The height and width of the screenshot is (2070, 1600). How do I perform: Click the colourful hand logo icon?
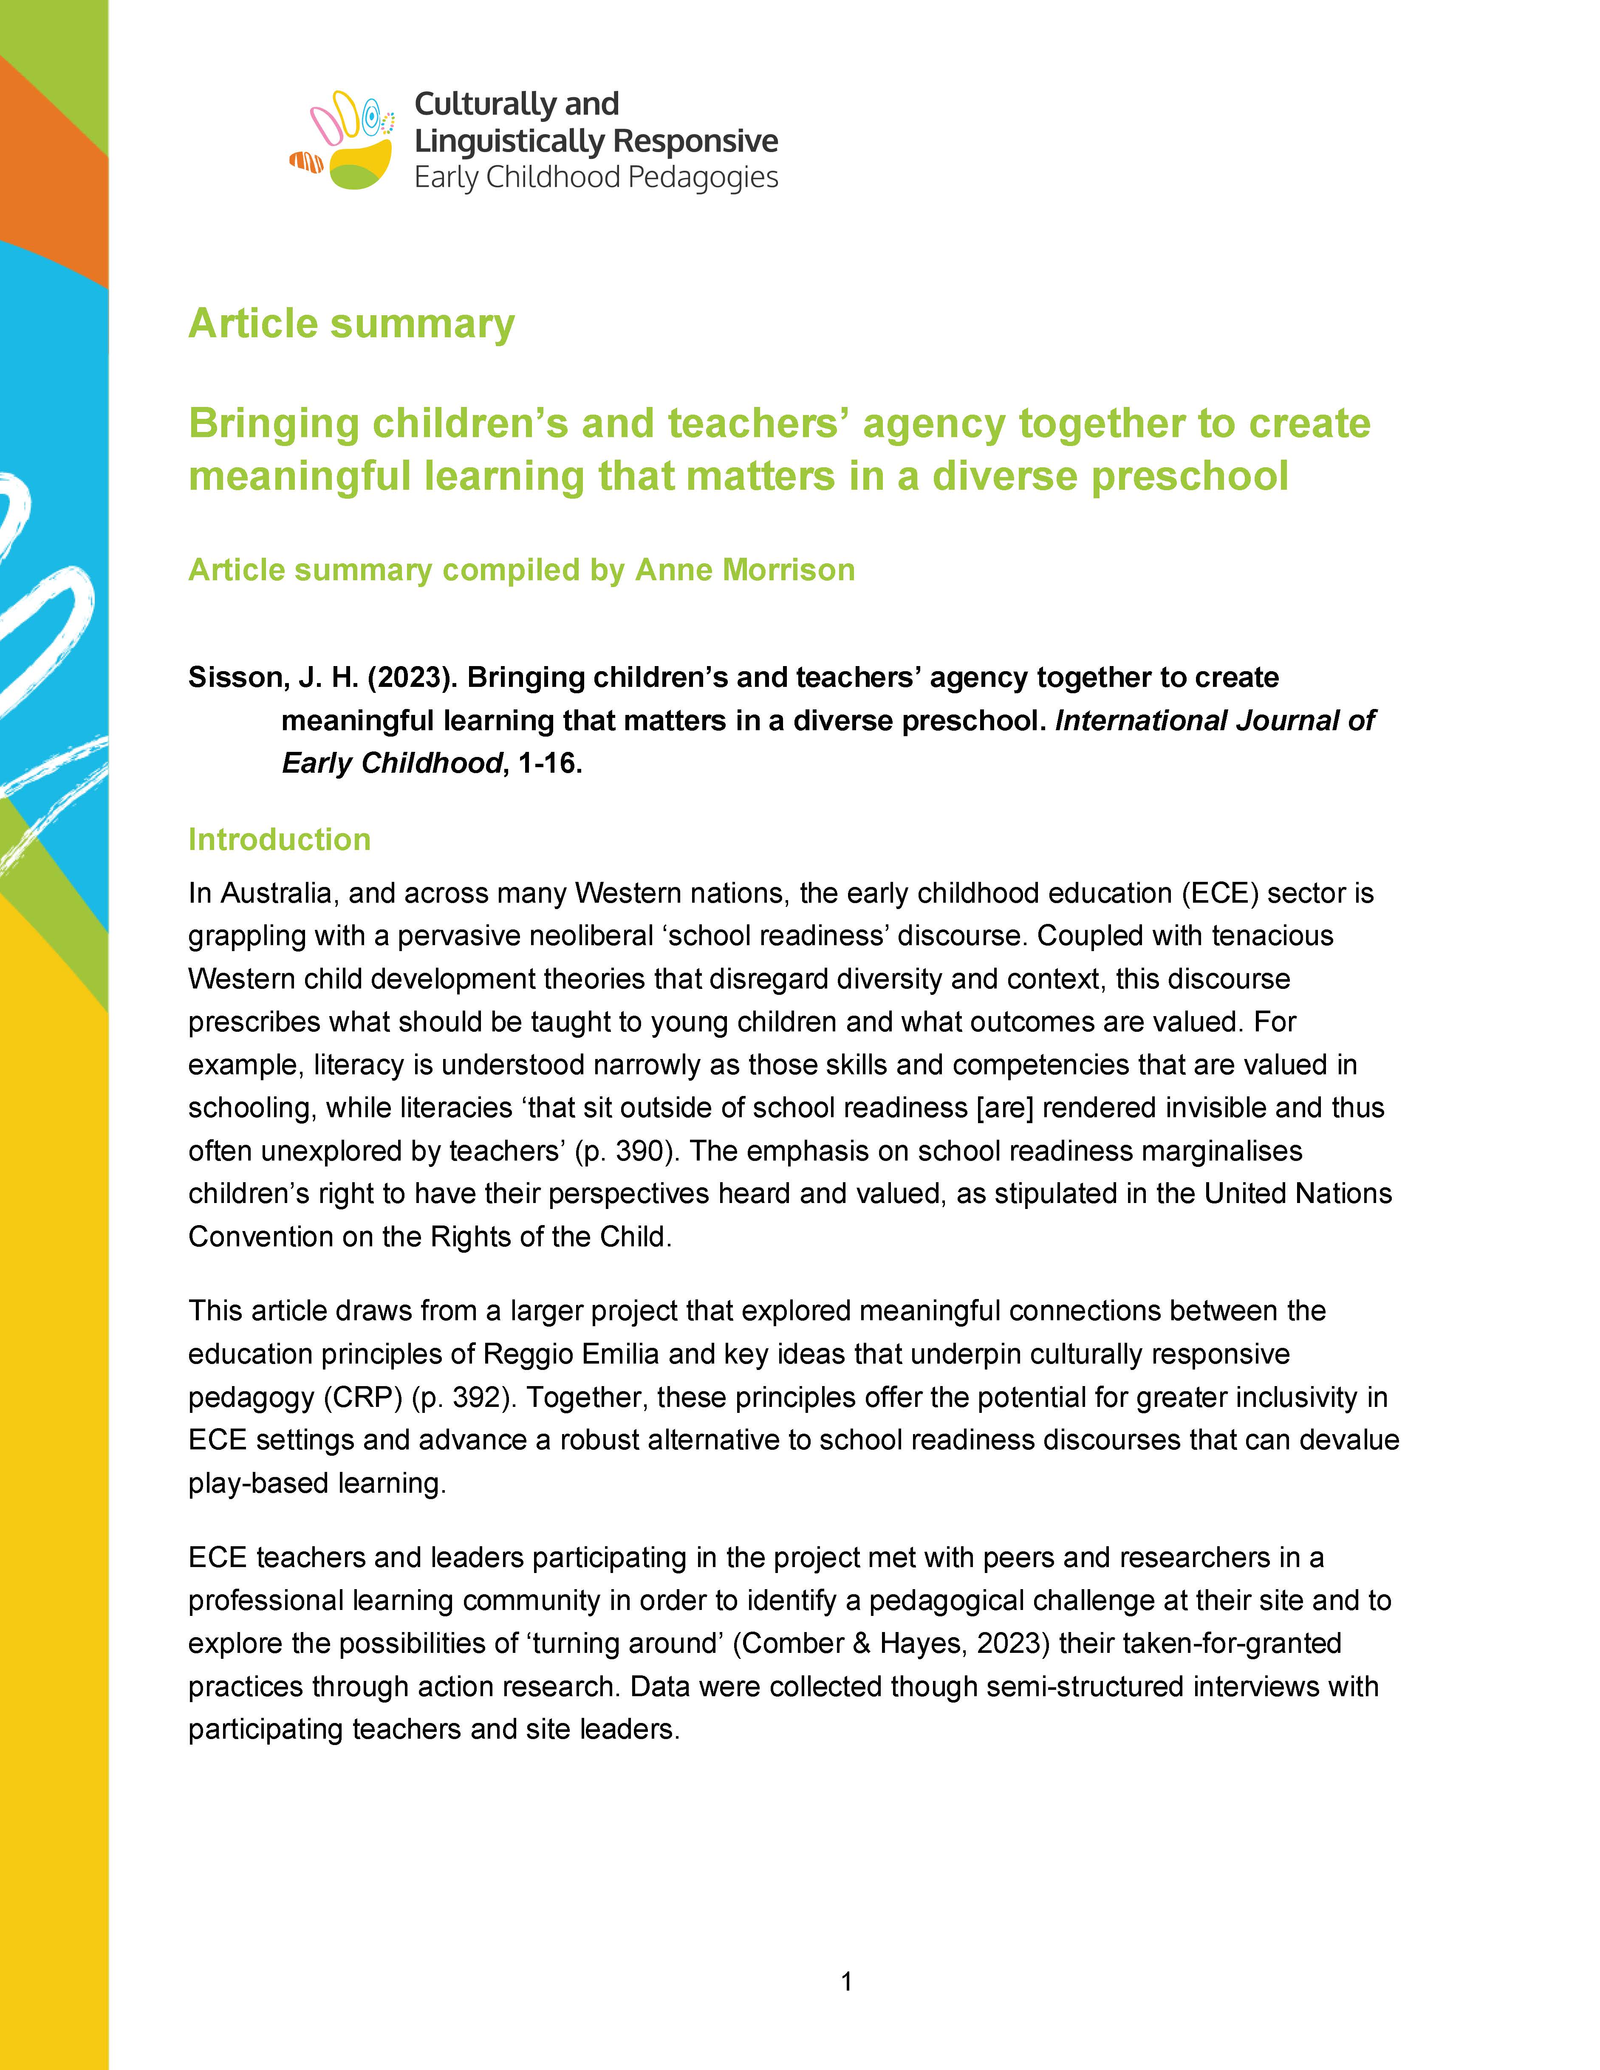pyautogui.click(x=343, y=140)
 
